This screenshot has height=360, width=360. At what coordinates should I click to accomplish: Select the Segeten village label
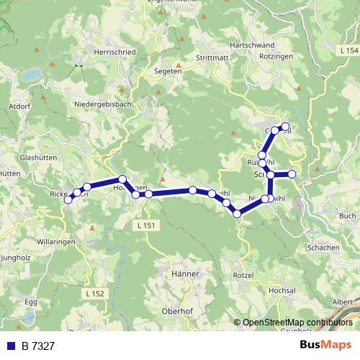pos(168,71)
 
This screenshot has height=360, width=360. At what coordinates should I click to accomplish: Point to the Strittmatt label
pos(211,58)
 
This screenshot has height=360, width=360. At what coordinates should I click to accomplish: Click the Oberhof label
pos(176,311)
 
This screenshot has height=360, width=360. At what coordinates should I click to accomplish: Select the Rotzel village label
pos(244,276)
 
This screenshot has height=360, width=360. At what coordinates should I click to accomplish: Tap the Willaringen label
pos(57,243)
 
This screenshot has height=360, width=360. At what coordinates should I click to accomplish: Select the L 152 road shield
pos(94,293)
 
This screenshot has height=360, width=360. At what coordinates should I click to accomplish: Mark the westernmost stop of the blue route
pos(68,200)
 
